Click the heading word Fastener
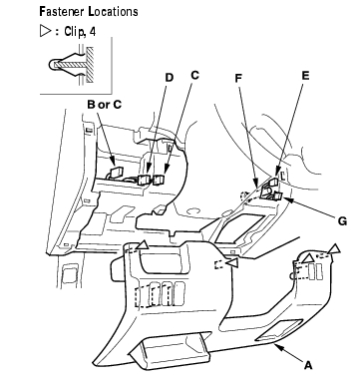pyautogui.click(x=61, y=12)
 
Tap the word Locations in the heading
pyautogui.click(x=113, y=12)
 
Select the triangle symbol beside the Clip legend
pyautogui.click(x=45, y=31)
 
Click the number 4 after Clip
pyautogui.click(x=92, y=32)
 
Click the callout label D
pyautogui.click(x=170, y=78)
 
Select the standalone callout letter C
pyautogui.click(x=194, y=75)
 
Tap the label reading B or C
pyautogui.click(x=104, y=105)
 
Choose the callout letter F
pyautogui.click(x=238, y=78)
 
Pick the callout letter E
pyautogui.click(x=305, y=76)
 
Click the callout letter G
pyautogui.click(x=342, y=221)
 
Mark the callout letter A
pyautogui.click(x=309, y=365)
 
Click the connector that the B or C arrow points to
pyautogui.click(x=115, y=172)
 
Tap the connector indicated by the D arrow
pyautogui.click(x=145, y=180)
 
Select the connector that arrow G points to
pyautogui.click(x=278, y=196)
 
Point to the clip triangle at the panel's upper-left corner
pyautogui.click(x=143, y=245)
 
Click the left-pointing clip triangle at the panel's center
pyautogui.click(x=232, y=262)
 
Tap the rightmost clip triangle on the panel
pyautogui.click(x=334, y=249)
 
